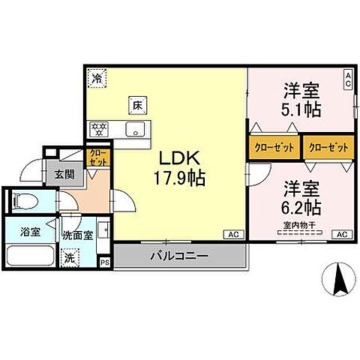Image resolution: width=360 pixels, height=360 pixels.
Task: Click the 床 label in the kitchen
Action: click(137, 106)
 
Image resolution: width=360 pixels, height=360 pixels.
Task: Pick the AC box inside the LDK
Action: click(232, 235)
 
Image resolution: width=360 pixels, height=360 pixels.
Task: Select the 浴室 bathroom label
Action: click(30, 232)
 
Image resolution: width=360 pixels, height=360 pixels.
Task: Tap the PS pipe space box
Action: click(104, 262)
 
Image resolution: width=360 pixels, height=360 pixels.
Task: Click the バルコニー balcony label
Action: click(178, 256)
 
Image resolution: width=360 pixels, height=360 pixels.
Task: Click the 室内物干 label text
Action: click(300, 223)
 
